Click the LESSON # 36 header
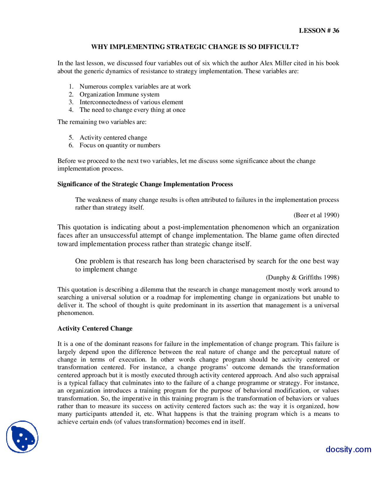[x=319, y=31]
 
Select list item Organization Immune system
[x=119, y=94]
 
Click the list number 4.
[x=71, y=110]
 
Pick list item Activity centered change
[x=113, y=138]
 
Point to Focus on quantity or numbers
[x=120, y=145]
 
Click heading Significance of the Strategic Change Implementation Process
[x=145, y=184]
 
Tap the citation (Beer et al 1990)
[x=316, y=215]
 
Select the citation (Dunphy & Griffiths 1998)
[x=302, y=278]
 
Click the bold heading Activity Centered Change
[x=95, y=329]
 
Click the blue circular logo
[x=22, y=437]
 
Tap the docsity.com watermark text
[x=348, y=449]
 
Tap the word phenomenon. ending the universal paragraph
[x=75, y=313]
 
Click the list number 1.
[x=71, y=87]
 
